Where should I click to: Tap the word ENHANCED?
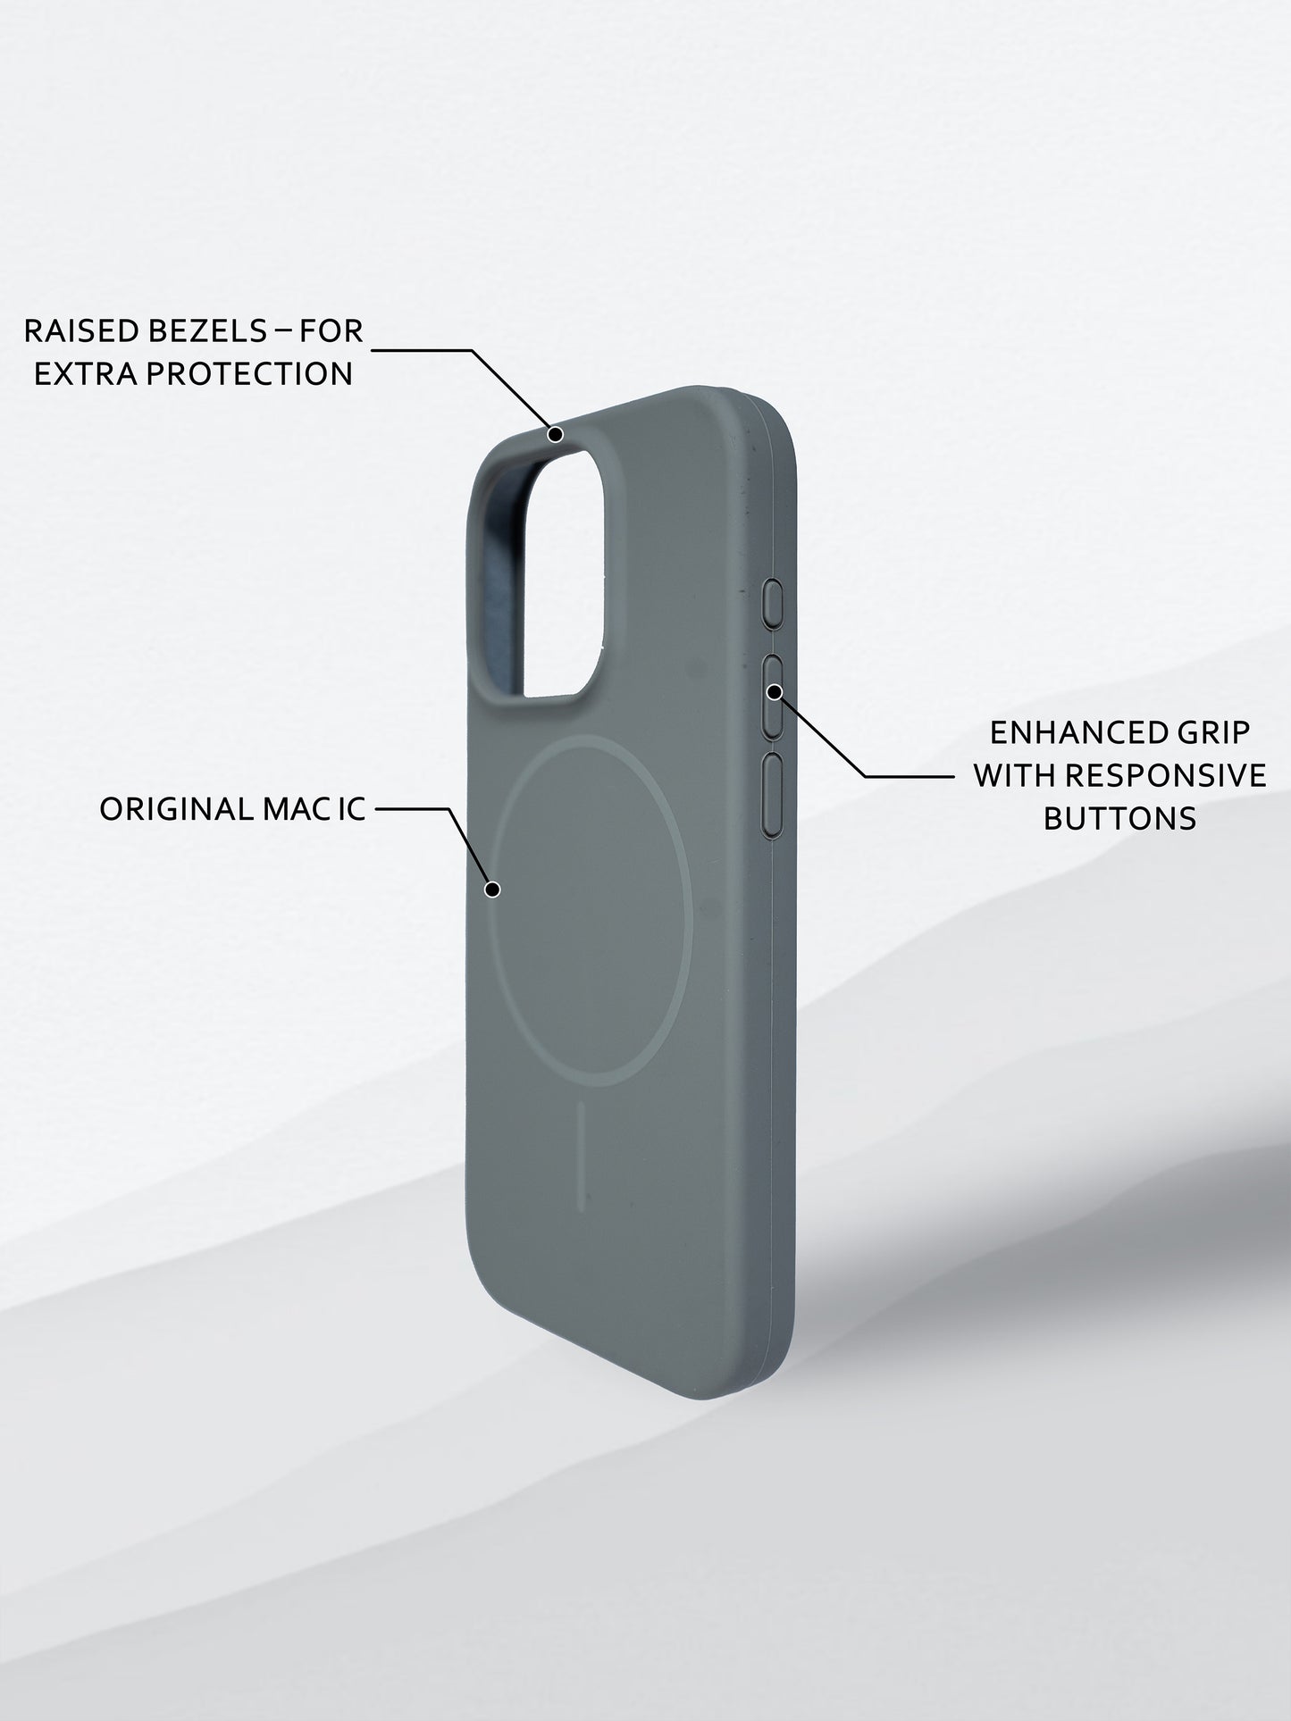coord(1060,733)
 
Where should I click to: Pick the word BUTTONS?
coord(1119,817)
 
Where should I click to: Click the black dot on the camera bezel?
coord(555,435)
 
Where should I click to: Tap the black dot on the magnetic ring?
coord(492,889)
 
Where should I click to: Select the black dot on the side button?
coord(775,691)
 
